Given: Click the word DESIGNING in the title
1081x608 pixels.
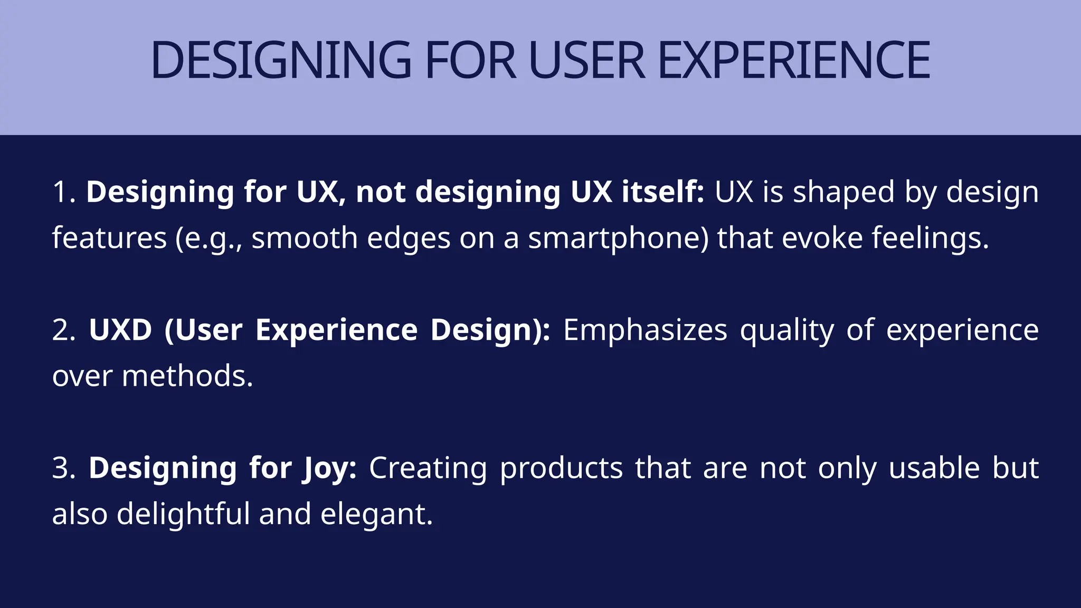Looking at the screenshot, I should tap(280, 60).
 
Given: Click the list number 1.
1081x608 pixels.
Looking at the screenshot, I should tap(63, 192).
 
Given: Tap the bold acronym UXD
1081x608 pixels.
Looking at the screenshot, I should tap(120, 330).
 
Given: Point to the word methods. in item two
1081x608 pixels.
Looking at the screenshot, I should tap(187, 376).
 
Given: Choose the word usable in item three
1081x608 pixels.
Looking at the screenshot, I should tap(934, 469).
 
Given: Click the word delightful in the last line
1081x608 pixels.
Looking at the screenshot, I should tap(183, 515).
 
